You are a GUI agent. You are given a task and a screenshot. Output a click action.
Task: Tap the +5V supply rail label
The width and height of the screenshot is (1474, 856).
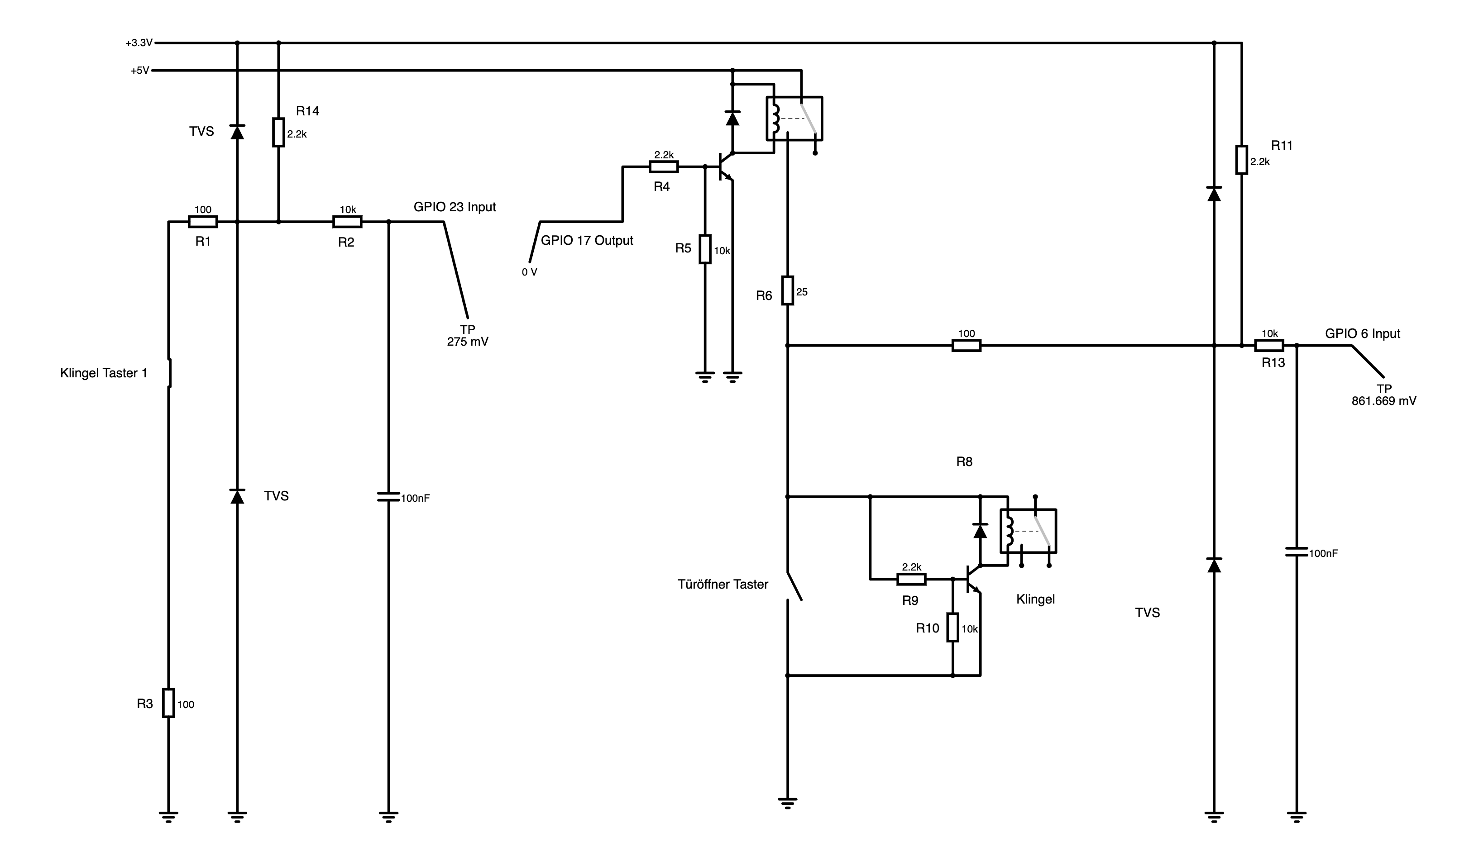[x=140, y=71]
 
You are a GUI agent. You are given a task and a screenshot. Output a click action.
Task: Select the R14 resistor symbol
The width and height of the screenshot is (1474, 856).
[x=278, y=132]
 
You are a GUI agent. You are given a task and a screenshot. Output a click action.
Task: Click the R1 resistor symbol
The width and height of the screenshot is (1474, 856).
[x=203, y=222]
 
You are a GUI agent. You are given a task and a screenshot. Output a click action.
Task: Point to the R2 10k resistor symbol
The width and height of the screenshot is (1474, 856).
[x=347, y=222]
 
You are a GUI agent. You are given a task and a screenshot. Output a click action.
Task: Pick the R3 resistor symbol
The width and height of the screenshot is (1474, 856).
[x=168, y=703]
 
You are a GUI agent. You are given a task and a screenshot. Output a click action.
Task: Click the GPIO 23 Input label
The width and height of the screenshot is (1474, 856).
[x=455, y=207]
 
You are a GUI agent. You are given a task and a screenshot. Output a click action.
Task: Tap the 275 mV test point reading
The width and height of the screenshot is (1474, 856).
[x=467, y=342]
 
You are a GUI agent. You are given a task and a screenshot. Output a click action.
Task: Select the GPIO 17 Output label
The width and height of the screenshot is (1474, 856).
[x=587, y=240]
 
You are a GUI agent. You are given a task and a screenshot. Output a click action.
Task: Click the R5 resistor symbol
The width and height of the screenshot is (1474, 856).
[x=705, y=250]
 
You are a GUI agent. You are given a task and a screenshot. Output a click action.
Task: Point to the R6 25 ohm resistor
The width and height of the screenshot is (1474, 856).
[x=788, y=290]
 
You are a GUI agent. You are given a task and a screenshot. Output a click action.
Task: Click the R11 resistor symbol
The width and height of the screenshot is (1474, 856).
[x=1242, y=160]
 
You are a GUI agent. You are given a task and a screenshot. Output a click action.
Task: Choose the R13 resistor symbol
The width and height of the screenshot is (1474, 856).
[x=1269, y=346]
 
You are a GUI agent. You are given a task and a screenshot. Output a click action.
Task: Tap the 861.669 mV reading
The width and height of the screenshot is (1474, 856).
[x=1384, y=401]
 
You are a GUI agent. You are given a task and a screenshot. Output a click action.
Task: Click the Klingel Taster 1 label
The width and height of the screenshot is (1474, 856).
[x=104, y=373]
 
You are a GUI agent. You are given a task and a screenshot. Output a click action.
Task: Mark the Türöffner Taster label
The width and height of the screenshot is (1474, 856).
[x=723, y=584]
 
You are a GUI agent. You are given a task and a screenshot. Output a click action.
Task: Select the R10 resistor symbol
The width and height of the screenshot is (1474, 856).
[x=953, y=628]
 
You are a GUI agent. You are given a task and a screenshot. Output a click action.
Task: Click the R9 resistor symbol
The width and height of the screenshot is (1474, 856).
[x=911, y=580]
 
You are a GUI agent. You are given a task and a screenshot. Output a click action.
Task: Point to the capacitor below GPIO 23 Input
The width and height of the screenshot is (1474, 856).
[x=389, y=497]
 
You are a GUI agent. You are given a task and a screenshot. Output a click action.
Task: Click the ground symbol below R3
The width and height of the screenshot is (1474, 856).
[x=168, y=817]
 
